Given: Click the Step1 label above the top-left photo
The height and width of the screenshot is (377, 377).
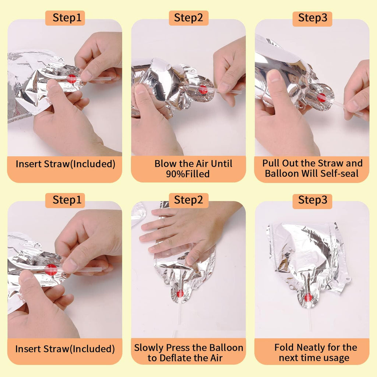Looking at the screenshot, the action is point(67,18).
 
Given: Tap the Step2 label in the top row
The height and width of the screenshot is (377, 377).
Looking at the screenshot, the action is point(188,18).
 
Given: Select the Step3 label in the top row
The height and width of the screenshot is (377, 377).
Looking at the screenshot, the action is point(313,18).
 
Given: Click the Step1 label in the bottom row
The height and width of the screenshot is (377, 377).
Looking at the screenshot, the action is point(67,200).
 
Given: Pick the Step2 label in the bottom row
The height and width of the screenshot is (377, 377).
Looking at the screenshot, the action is point(188,200).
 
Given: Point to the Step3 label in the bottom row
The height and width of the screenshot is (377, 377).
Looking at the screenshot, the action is point(313,200).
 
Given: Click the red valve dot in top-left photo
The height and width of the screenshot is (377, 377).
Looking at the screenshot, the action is point(71,79).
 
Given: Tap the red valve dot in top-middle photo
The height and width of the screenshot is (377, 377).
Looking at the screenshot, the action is point(203,89).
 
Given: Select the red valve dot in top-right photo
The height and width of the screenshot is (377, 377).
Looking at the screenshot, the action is point(321,97).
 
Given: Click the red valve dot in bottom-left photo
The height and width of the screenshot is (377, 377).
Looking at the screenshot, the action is point(51,269).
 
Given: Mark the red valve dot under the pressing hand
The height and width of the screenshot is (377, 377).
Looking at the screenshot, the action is point(180,293).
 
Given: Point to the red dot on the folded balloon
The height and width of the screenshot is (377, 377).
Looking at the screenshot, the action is point(308,297).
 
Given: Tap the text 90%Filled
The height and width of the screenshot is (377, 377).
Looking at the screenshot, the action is point(188,174).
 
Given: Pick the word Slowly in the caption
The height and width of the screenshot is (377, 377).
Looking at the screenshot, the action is point(149,348).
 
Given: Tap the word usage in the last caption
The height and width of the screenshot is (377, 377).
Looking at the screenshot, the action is point(337,358).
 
